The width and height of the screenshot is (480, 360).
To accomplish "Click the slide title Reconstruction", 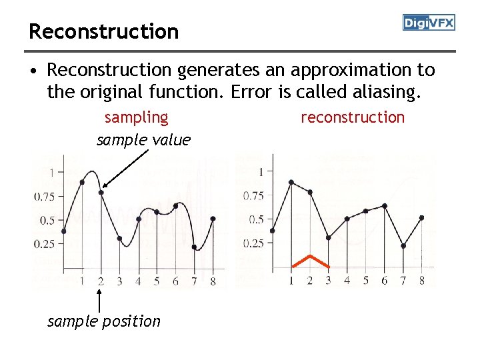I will pyautogui.click(x=103, y=31).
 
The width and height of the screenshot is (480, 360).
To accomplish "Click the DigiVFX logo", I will pyautogui.click(x=429, y=23).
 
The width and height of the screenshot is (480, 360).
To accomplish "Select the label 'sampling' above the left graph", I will pyautogui.click(x=137, y=117).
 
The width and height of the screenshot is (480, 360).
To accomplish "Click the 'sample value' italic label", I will pyautogui.click(x=143, y=140).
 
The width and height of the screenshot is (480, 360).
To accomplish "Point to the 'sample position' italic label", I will pyautogui.click(x=104, y=321).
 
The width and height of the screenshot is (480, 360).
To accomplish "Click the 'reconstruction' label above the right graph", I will pyautogui.click(x=353, y=117).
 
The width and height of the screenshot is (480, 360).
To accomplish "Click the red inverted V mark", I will pyautogui.click(x=310, y=261).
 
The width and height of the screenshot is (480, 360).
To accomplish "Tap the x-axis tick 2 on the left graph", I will pyautogui.click(x=101, y=281).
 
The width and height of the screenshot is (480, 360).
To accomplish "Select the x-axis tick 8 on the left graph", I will pyautogui.click(x=213, y=281).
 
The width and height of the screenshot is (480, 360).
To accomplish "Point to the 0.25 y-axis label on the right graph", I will pyautogui.click(x=254, y=243).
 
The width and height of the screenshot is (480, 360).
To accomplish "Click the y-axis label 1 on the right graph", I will pyautogui.click(x=261, y=171).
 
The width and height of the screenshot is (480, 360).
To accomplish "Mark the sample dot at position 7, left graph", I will pyautogui.click(x=194, y=247).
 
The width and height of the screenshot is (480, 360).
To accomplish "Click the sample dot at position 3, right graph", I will pyautogui.click(x=329, y=237).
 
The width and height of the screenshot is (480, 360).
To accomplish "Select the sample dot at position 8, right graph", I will pyautogui.click(x=422, y=217).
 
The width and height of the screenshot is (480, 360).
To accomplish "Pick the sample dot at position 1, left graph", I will pyautogui.click(x=82, y=182).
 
